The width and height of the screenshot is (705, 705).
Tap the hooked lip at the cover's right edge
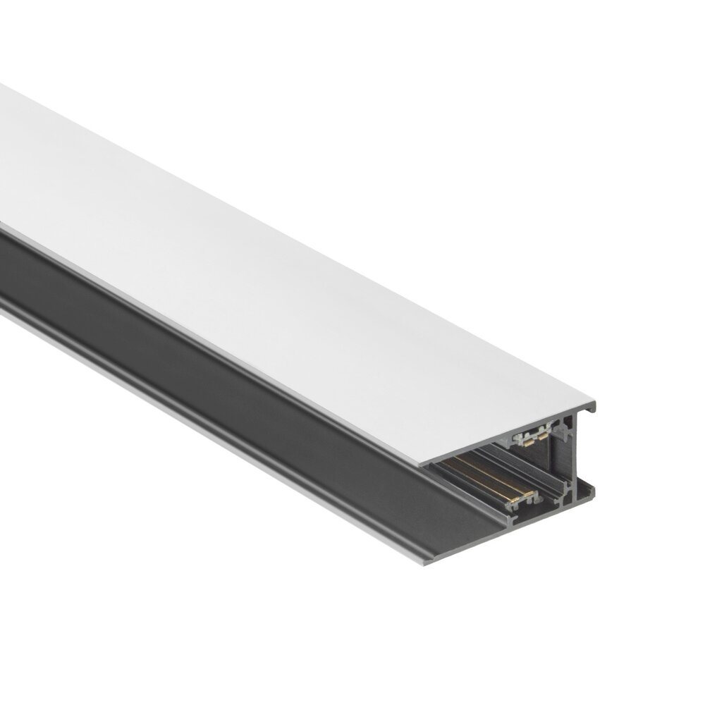coord(591,408)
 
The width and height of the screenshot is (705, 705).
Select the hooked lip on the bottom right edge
coord(589,493)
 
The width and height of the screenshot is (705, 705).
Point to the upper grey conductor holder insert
coord(522,437)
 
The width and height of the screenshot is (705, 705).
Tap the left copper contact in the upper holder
coord(529,443)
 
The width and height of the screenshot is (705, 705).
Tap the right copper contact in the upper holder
coord(543,436)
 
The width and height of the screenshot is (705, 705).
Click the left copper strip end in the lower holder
coord(514,500)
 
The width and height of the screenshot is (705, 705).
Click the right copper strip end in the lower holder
coord(529,493)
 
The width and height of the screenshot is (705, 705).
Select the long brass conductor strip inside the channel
coord(486,479)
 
